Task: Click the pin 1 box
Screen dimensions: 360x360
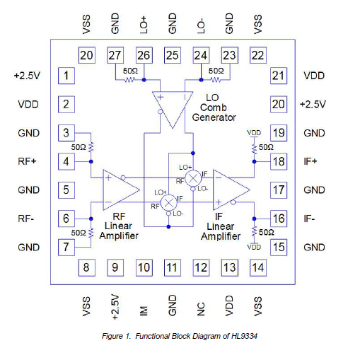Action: click(66, 76)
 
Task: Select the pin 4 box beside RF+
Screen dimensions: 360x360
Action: click(66, 161)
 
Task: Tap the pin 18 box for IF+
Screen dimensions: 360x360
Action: click(278, 161)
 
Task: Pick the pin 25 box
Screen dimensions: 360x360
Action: click(172, 55)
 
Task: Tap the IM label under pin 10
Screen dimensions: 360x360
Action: click(144, 309)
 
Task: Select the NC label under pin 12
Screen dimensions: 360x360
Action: click(201, 309)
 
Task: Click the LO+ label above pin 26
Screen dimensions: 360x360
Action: click(144, 24)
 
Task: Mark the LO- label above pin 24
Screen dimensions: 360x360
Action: click(201, 24)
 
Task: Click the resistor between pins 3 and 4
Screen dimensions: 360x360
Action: click(91, 147)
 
